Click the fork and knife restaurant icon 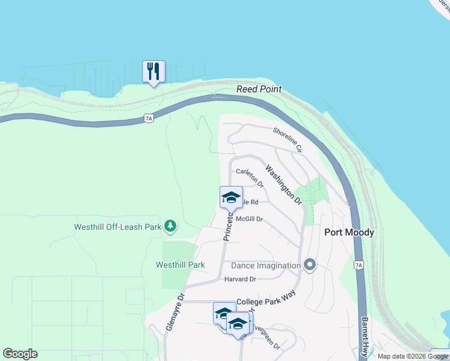pos(153,72)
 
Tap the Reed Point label pos(259,89)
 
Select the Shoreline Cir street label pos(287,139)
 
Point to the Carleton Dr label pos(250,176)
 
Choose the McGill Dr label pos(250,220)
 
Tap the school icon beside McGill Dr pos(231,197)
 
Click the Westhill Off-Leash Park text pos(118,227)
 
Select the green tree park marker pos(171,226)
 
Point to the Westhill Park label pos(180,265)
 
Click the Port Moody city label pos(349,232)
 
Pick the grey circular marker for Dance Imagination pos(310,265)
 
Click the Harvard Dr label pos(240,279)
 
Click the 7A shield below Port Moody pos(359,264)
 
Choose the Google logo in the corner pos(20,354)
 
